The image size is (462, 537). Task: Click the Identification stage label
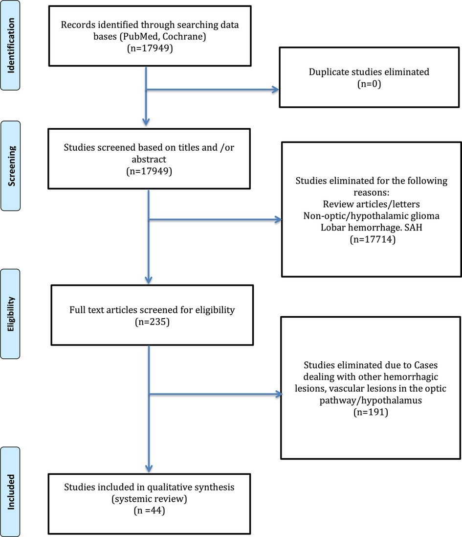pyautogui.click(x=11, y=46)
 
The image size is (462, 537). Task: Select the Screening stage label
pyautogui.click(x=11, y=166)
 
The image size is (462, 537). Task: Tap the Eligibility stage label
pyautogui.click(x=11, y=314)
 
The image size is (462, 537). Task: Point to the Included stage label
pyautogui.click(x=11, y=492)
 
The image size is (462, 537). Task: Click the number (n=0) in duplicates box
pyautogui.click(x=369, y=84)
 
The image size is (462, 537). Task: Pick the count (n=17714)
pyautogui.click(x=373, y=239)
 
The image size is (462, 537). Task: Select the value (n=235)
pyautogui.click(x=152, y=322)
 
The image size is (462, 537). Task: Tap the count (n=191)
pyautogui.click(x=371, y=412)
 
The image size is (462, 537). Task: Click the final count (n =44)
pyautogui.click(x=149, y=510)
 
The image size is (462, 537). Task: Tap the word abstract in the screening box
pyautogui.click(x=149, y=159)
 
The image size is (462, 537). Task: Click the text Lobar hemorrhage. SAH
pyautogui.click(x=372, y=228)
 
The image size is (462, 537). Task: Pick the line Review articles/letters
pyautogui.click(x=372, y=204)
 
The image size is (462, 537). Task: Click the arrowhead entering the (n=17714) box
pyautogui.click(x=278, y=219)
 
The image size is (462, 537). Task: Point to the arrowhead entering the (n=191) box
pyautogui.click(x=278, y=394)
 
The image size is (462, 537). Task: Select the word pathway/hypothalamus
pyautogui.click(x=371, y=400)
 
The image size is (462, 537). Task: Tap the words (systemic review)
pyautogui.click(x=150, y=499)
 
